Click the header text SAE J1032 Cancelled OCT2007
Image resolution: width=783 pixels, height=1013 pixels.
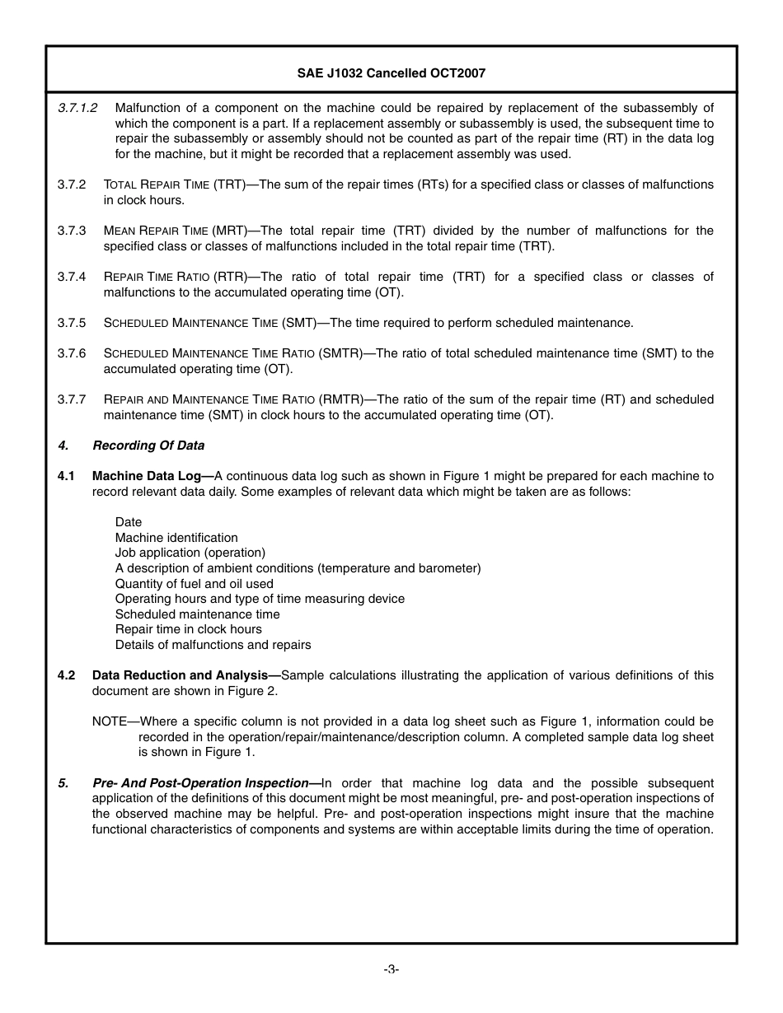click(391, 73)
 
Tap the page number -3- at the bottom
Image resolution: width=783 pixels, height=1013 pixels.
click(391, 969)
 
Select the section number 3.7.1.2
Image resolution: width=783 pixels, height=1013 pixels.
click(77, 108)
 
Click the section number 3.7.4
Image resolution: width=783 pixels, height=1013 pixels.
click(72, 277)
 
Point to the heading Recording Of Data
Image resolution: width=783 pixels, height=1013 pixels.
click(148, 446)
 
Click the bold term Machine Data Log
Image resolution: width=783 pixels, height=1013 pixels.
click(152, 476)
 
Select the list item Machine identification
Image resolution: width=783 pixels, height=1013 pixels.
click(176, 538)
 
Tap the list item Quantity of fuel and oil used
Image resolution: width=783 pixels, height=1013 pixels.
click(194, 584)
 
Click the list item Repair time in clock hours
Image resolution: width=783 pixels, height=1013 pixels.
click(188, 630)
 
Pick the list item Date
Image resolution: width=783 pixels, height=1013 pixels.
click(129, 522)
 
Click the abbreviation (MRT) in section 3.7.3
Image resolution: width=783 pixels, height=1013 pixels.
click(228, 231)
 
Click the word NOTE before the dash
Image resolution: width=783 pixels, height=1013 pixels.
click(109, 721)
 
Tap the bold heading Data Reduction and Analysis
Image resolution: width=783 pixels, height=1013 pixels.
click(186, 675)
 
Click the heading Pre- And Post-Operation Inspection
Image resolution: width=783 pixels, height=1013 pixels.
click(206, 783)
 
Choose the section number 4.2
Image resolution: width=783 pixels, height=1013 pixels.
click(66, 675)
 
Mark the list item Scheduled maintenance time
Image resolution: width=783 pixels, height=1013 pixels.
click(197, 614)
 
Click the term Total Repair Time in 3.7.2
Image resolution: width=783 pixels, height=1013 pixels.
click(157, 184)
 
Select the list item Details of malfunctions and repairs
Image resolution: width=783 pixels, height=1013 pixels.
click(213, 645)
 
